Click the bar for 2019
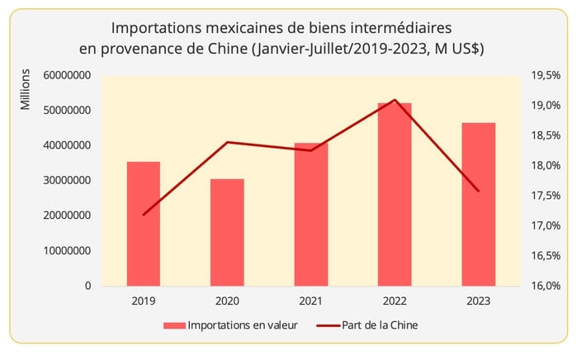click(x=144, y=224)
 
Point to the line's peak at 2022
click(x=395, y=100)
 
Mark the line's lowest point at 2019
click(x=144, y=215)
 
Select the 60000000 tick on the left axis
click(x=63, y=76)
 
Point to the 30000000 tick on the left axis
click(x=63, y=181)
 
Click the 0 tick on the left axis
click(x=87, y=287)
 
